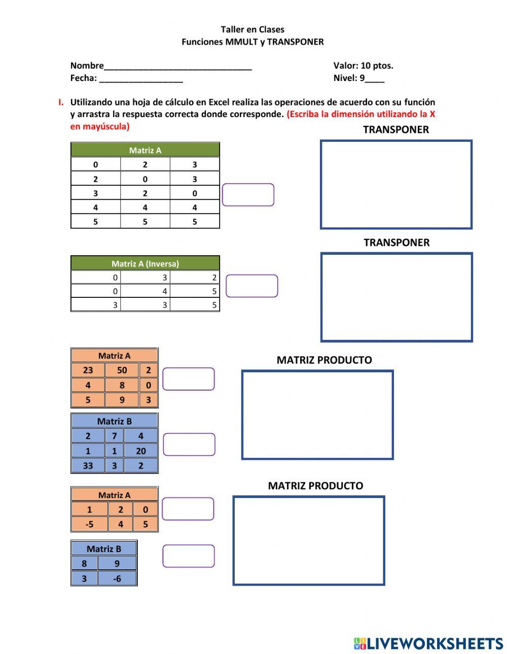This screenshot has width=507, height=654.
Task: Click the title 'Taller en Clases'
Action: point(252,29)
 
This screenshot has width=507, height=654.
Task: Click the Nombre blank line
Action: point(177,66)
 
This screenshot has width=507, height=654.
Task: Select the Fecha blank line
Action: point(141,78)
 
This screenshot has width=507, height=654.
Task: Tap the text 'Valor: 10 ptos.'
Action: point(363,65)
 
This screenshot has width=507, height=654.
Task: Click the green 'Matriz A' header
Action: point(145,150)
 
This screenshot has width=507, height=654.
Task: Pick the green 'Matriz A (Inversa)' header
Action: point(145,263)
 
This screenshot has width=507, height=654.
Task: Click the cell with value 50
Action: point(122,370)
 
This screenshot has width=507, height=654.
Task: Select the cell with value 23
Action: point(88,370)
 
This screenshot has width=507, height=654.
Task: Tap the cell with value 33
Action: point(88,466)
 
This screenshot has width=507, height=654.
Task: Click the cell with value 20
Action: point(140,451)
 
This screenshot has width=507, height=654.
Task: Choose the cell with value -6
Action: point(117,579)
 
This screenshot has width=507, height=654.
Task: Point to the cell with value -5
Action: point(89,524)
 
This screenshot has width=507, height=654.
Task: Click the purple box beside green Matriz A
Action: point(248,195)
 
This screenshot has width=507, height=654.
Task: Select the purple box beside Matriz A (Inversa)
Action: point(251,286)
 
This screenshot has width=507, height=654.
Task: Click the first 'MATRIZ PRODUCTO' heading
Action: point(324,360)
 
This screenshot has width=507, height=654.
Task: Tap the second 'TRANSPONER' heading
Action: point(396,243)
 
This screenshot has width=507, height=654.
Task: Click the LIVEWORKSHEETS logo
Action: point(428,643)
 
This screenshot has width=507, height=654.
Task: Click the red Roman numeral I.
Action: point(61,102)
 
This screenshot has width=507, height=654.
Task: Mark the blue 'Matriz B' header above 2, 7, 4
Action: point(114,421)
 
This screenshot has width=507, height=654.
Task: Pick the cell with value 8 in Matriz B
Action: point(84,563)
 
